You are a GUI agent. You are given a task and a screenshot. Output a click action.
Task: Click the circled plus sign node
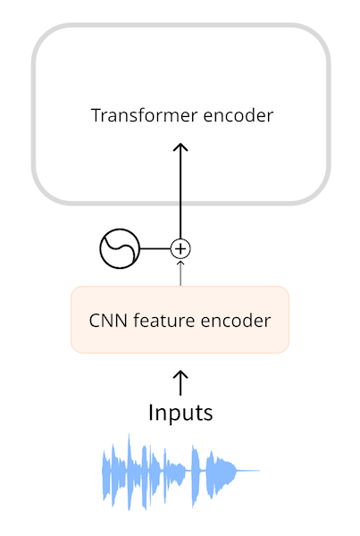click(x=181, y=248)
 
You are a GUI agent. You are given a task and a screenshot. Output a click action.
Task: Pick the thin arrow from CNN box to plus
click(x=181, y=272)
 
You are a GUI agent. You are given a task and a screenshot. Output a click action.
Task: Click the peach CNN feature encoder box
click(x=180, y=319)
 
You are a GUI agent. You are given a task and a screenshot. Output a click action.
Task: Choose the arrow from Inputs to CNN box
click(x=180, y=382)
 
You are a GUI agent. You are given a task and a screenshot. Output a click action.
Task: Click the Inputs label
click(x=180, y=413)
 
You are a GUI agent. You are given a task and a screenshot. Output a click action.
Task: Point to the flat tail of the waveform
click(x=248, y=470)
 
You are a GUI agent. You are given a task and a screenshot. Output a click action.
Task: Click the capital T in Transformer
click(x=96, y=115)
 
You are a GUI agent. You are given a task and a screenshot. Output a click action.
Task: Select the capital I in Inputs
click(x=151, y=413)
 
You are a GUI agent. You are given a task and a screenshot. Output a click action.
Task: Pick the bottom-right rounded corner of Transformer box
click(x=317, y=192)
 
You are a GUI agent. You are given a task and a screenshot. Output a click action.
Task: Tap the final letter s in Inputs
click(x=208, y=414)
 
